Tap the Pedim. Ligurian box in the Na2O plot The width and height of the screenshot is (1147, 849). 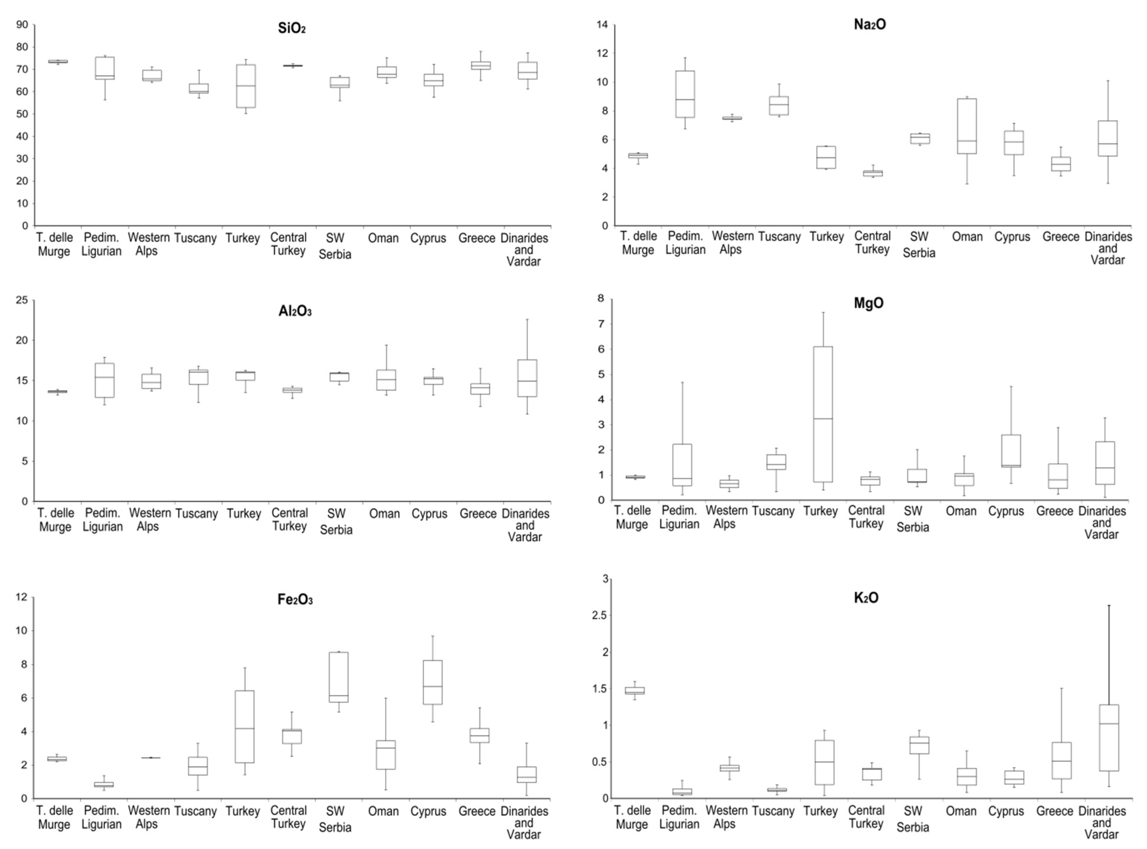click(x=685, y=94)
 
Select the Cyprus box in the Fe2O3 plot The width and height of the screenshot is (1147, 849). click(x=433, y=682)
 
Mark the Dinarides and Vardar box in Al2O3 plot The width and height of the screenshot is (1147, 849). click(x=527, y=378)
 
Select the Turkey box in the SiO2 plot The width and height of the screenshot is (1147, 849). click(x=246, y=86)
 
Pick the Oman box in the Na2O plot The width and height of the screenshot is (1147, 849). click(x=967, y=126)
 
